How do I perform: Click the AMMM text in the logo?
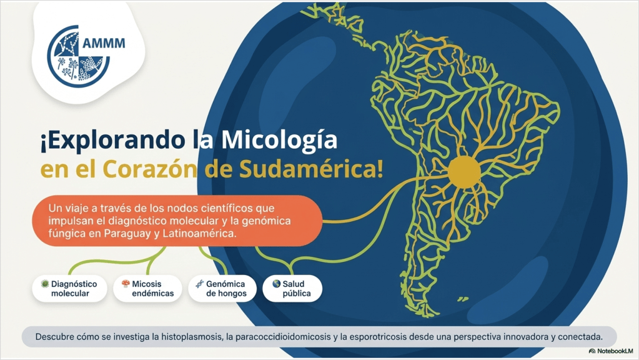pos(104,43)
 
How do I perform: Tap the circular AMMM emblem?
pos(77,57)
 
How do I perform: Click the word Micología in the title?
pos(279,140)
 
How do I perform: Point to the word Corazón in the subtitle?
pos(150,169)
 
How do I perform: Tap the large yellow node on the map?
pos(464,172)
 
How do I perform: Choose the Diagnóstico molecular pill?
pos(70,289)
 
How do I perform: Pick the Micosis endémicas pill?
pos(147,289)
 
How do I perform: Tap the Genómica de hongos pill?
pos(222,289)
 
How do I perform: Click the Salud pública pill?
pos(292,289)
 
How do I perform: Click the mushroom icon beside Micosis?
pos(126,283)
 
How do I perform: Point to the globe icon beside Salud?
pos(277,283)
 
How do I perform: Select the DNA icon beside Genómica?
pos(200,284)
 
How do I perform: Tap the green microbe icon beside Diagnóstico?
pos(45,283)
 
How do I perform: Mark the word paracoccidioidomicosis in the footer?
pos(283,337)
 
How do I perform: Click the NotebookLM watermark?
pos(611,351)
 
